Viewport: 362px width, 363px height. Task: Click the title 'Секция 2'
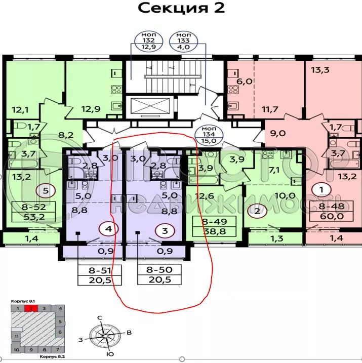tap(181, 9)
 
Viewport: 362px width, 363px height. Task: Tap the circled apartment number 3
tap(164, 230)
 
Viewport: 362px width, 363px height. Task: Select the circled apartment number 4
tap(107, 229)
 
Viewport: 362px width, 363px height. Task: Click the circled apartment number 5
tap(46, 191)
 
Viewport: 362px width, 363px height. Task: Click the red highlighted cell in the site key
tap(31, 308)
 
